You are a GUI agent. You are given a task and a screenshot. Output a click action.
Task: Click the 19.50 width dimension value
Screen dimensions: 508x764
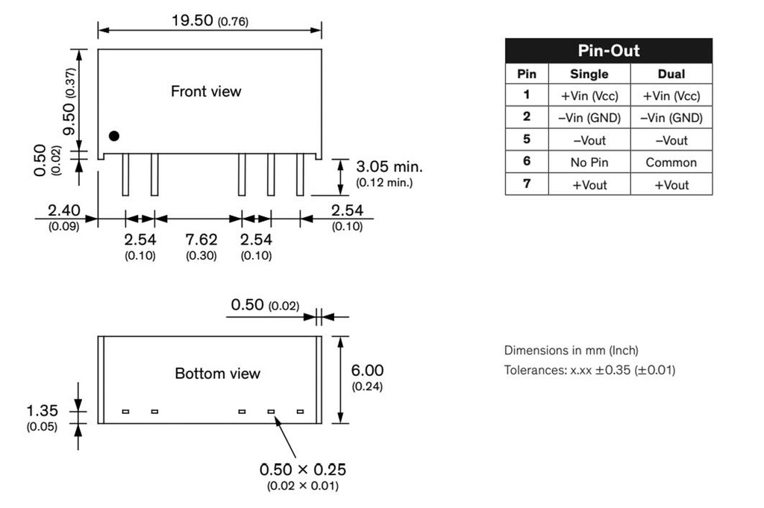point(192,19)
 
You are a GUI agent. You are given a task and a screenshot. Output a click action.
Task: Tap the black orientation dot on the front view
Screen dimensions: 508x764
point(113,136)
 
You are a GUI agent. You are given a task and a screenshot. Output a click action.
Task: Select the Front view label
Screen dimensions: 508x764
point(206,92)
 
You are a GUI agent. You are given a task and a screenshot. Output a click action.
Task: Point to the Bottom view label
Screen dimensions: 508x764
point(217,373)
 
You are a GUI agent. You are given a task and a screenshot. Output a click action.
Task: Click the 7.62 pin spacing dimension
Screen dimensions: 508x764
point(201,239)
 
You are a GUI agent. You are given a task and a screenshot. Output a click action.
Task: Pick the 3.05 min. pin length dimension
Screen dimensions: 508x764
point(388,166)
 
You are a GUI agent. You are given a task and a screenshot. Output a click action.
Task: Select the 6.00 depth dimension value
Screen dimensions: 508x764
point(367,371)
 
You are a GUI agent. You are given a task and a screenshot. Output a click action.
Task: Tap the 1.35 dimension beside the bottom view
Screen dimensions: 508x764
point(42,410)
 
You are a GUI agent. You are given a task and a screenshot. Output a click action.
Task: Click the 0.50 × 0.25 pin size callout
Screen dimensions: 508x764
point(302,470)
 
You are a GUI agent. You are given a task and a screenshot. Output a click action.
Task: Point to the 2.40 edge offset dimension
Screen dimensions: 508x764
point(63,210)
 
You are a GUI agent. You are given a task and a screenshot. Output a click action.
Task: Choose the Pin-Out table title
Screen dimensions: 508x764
point(608,51)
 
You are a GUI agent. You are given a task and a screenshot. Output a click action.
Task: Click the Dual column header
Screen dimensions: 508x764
point(671,74)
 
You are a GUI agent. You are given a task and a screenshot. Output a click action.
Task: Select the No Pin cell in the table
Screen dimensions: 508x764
point(589,163)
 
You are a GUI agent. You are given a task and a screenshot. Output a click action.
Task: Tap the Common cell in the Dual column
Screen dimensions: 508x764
point(671,163)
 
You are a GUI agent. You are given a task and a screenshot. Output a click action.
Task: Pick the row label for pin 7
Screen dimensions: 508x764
point(526,184)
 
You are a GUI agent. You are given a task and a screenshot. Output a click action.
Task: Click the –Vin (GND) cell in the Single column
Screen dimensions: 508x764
point(589,118)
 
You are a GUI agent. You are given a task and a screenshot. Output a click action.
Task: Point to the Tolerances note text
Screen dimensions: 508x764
point(589,369)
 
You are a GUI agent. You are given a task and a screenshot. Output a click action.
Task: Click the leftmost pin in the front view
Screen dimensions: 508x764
point(125,175)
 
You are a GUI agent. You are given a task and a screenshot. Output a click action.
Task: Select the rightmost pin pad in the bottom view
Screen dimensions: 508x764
point(300,412)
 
